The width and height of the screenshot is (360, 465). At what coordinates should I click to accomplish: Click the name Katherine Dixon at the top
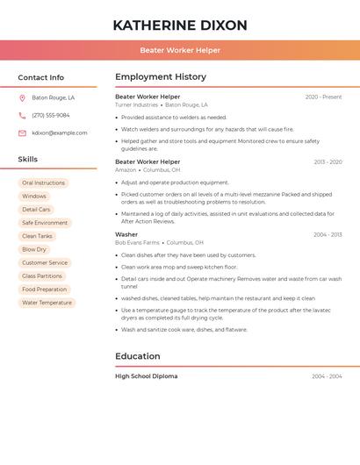[x=180, y=25]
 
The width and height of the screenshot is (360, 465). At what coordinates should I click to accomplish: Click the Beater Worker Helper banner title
[x=180, y=50]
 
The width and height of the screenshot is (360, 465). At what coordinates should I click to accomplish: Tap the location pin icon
[x=22, y=98]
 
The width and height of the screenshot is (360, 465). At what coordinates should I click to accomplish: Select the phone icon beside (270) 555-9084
[x=22, y=115]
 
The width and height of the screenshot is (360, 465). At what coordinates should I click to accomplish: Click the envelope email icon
[x=22, y=133]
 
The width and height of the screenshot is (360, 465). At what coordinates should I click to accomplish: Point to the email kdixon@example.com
[x=60, y=133]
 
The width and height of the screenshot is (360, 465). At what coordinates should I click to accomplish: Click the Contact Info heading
[x=41, y=77]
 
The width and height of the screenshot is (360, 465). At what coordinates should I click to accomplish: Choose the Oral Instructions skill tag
[x=44, y=183]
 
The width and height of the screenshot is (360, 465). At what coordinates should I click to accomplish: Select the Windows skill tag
[x=34, y=197]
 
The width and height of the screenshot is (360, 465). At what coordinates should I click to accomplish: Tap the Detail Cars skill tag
[x=36, y=210]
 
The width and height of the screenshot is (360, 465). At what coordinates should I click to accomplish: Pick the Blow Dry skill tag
[x=34, y=249]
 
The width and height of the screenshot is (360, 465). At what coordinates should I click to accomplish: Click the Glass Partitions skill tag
[x=42, y=276]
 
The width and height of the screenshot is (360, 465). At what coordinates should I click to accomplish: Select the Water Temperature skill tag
[x=47, y=303]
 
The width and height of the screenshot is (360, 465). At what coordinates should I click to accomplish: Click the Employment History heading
[x=161, y=77]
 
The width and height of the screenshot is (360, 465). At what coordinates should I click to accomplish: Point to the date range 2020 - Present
[x=323, y=97]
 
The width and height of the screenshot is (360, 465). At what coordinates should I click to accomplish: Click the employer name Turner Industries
[x=136, y=105]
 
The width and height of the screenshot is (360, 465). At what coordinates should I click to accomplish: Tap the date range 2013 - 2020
[x=327, y=162]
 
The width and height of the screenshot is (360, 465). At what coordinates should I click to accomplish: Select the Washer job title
[x=126, y=234]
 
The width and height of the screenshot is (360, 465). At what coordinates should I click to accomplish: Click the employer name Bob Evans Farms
[x=137, y=242]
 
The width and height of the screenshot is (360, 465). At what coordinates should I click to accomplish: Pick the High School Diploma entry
[x=146, y=376]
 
